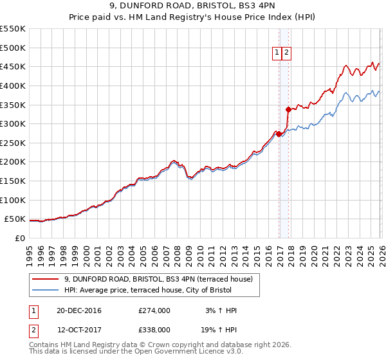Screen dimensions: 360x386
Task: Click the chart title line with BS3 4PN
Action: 193,6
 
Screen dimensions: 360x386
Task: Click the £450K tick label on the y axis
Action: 13,66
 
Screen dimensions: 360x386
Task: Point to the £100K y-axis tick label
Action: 13,200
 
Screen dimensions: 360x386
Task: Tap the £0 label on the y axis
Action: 19,238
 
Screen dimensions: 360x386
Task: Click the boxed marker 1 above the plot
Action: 277,54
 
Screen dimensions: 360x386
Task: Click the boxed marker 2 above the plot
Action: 287,54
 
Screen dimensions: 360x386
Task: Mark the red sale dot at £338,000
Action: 288,109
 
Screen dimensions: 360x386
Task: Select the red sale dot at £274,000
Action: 279,134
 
